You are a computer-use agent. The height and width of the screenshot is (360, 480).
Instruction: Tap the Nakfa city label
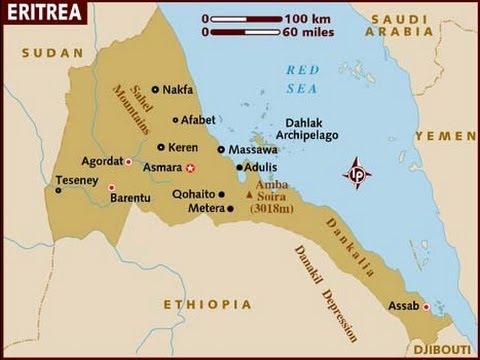(178, 89)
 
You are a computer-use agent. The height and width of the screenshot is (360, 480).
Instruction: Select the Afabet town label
(198, 119)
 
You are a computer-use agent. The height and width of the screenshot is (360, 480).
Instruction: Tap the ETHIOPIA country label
(193, 303)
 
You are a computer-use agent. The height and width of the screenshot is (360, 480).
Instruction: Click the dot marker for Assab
(426, 306)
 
